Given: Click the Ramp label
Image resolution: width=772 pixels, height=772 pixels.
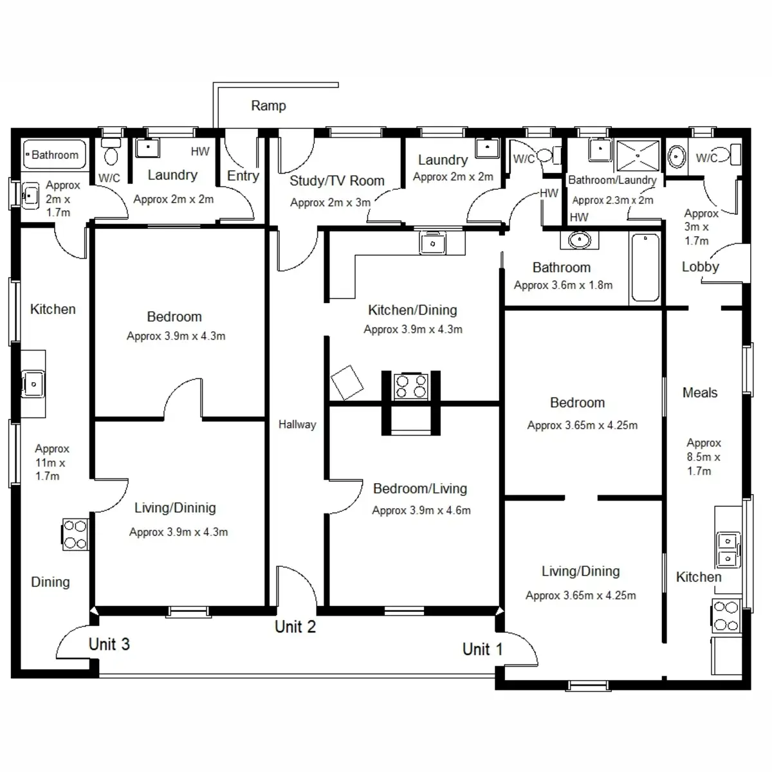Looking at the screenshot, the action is (x=268, y=106).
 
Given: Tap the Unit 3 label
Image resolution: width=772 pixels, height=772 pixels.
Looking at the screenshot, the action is (x=109, y=644).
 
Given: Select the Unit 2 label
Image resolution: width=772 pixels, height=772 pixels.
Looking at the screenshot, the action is (x=295, y=627).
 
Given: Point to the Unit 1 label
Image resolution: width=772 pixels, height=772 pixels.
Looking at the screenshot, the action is (x=482, y=649).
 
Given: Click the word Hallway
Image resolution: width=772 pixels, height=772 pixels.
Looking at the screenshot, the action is (x=297, y=425).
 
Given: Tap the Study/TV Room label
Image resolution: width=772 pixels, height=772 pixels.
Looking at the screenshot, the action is (x=336, y=181).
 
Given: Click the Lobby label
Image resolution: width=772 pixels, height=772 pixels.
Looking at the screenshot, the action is (x=700, y=266).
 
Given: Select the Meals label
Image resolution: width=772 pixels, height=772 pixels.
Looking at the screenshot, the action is (x=699, y=392).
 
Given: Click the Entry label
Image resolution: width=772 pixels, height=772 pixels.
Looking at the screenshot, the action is (x=243, y=176).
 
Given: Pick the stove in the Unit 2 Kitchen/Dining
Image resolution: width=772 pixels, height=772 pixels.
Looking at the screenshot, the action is (x=411, y=385).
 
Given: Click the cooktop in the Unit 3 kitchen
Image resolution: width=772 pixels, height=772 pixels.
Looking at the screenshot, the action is (x=75, y=535).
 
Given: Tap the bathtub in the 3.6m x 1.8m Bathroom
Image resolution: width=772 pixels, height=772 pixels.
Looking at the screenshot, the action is (x=645, y=268).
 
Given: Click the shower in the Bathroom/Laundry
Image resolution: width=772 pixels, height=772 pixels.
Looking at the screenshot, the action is (x=638, y=155).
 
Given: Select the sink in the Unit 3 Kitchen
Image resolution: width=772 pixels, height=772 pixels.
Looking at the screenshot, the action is (x=33, y=384).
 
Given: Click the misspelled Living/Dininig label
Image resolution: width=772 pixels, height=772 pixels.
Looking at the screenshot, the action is (x=175, y=508).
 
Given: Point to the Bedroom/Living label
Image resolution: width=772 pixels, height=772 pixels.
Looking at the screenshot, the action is (x=419, y=488).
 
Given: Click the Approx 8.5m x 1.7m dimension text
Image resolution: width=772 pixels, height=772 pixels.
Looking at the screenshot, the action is (x=703, y=457).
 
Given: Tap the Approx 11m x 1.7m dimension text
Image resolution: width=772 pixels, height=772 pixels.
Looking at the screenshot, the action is (x=51, y=463).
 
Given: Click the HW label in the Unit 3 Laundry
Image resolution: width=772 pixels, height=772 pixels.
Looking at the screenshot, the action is (x=200, y=152).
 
